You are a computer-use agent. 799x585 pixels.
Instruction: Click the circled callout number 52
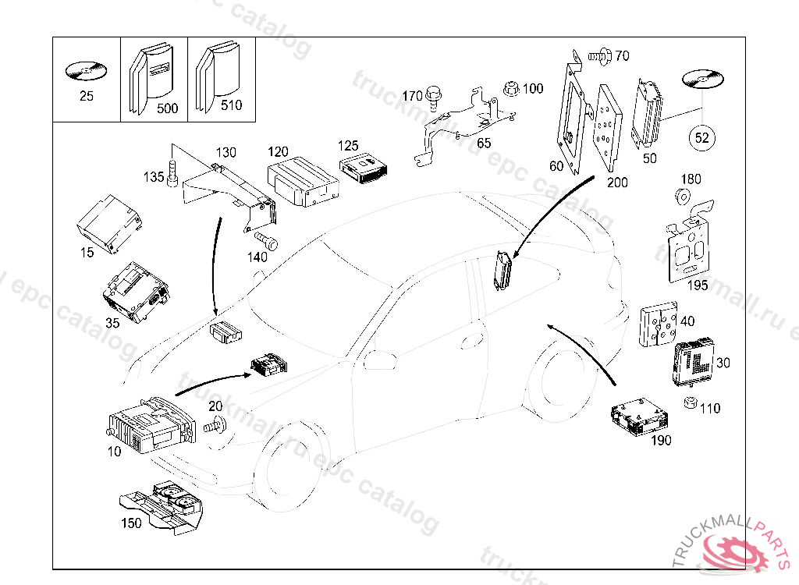pos(701,137)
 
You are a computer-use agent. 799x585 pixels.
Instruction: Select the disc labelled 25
pos(86,71)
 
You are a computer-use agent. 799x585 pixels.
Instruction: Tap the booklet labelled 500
pos(151,77)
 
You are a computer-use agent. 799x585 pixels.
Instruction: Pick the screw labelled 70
pos(600,56)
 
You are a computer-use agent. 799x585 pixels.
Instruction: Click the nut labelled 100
pos(511,88)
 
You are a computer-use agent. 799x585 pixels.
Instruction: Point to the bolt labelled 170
pos(433,97)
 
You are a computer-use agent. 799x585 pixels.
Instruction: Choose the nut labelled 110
pos(690,402)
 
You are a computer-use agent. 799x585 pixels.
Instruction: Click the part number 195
pos(698,285)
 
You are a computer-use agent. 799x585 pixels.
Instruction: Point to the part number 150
pos(131,523)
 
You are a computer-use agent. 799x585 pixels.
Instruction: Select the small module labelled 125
pos(364,168)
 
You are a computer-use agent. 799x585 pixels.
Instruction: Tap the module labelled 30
pos(693,363)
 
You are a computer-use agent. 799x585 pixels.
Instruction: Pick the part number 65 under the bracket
pos(484,144)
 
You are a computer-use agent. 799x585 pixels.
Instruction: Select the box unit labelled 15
pos(109,223)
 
